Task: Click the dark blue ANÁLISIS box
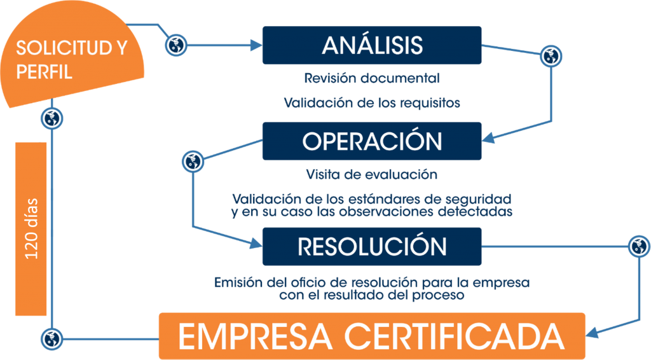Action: [x=372, y=45]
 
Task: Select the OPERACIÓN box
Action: [x=372, y=141]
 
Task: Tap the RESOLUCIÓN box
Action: [x=372, y=247]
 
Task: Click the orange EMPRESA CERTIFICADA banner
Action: [x=372, y=336]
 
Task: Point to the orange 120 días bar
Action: [x=31, y=229]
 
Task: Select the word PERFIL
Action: [x=44, y=72]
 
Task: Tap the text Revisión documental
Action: [x=372, y=78]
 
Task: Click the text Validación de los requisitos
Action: [x=372, y=102]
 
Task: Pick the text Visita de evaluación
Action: [x=372, y=174]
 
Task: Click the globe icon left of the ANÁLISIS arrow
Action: [x=176, y=45]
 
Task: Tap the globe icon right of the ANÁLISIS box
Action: [x=551, y=56]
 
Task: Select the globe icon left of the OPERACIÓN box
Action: [x=193, y=161]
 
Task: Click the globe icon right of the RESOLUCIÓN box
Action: [x=640, y=246]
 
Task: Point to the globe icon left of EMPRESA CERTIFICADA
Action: [x=52, y=339]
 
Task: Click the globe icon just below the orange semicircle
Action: [x=52, y=118]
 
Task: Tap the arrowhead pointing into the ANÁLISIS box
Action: [x=256, y=45]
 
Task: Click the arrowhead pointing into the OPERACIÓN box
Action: [x=488, y=138]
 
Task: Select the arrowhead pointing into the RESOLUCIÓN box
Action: [x=256, y=244]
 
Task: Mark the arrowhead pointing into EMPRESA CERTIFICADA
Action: [x=592, y=333]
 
